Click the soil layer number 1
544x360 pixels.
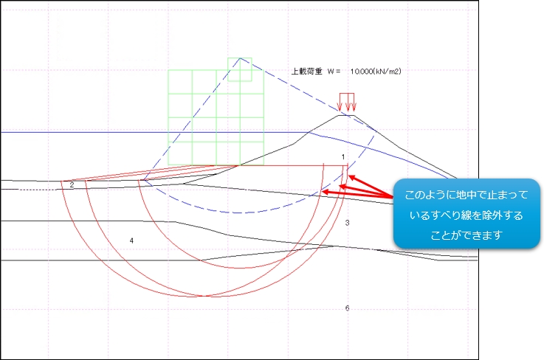[343, 157]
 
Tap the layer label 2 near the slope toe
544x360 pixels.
[72, 185]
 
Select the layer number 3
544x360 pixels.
[347, 223]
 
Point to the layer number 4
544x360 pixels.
[131, 240]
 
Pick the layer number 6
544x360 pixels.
[347, 308]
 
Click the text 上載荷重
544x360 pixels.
[306, 72]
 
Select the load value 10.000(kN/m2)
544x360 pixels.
[376, 72]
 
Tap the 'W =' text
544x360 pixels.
[334, 72]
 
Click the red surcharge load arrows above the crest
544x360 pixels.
[347, 102]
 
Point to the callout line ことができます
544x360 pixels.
[466, 235]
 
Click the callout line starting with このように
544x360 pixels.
[466, 195]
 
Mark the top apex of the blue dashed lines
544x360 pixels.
[240, 58]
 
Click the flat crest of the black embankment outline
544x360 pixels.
[346, 115]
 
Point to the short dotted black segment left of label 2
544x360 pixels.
[38, 190]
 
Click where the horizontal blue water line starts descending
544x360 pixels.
[309, 132]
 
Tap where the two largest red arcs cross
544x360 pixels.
[203, 296]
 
